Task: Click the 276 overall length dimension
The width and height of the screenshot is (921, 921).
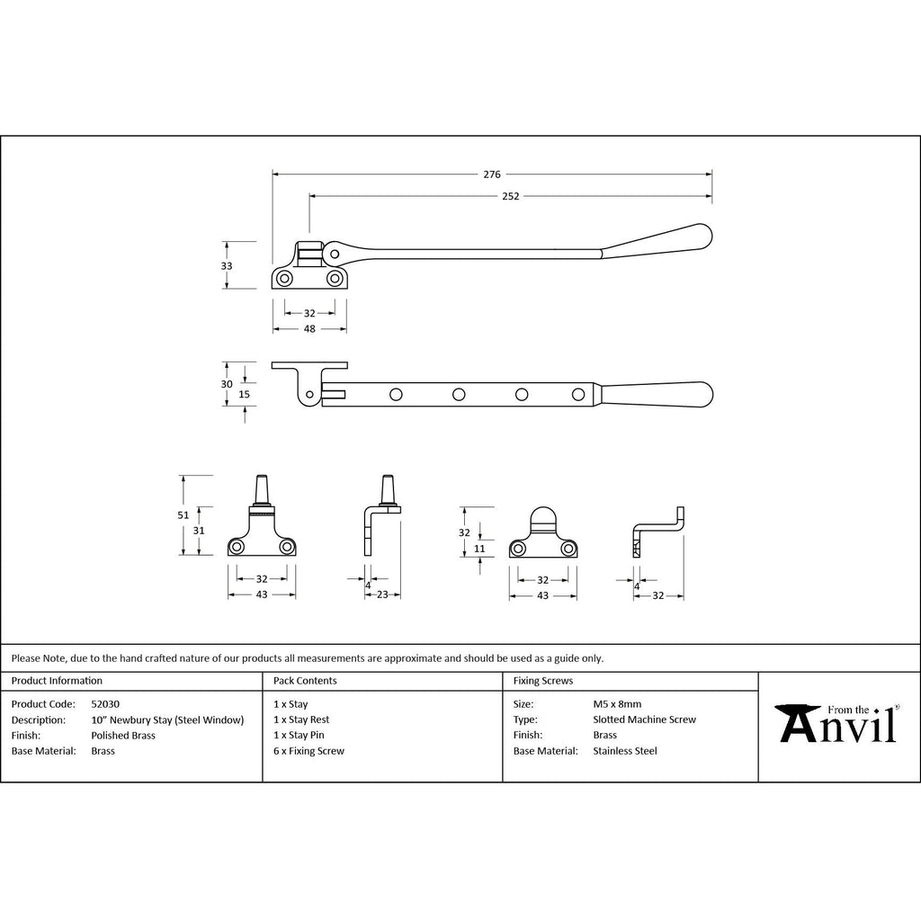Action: [492, 174]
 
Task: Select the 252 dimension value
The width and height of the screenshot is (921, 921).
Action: [511, 196]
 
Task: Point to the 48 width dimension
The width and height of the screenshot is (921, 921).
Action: [309, 329]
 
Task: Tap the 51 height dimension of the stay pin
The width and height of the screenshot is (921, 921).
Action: [183, 515]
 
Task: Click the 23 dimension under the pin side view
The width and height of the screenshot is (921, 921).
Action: [382, 595]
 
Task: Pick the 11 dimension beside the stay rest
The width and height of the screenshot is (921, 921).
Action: [479, 549]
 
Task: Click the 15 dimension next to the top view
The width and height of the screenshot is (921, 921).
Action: [245, 394]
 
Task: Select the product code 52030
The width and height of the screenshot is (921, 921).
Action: [105, 703]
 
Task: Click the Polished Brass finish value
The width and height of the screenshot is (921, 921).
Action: [123, 736]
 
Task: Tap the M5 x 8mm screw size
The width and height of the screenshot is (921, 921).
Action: [617, 703]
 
